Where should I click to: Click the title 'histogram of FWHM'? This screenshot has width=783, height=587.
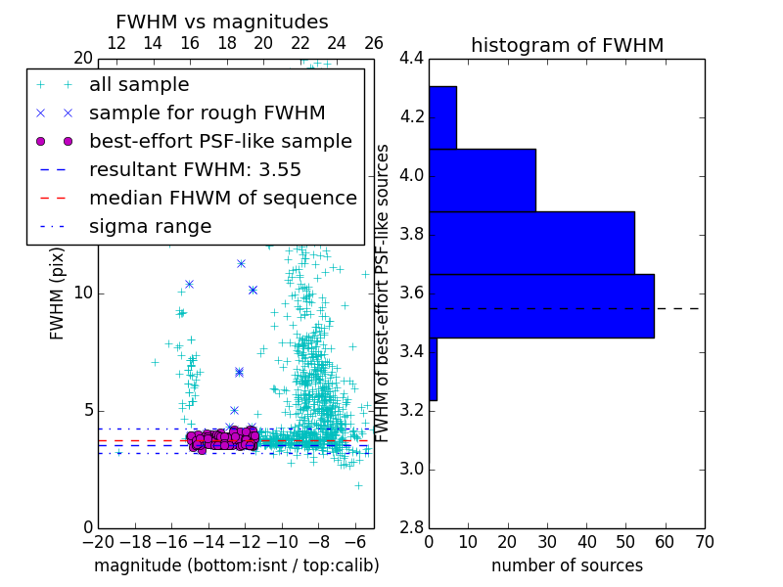(x=567, y=45)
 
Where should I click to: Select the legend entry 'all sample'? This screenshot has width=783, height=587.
(x=139, y=85)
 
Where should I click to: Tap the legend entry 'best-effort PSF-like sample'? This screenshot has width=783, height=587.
(x=220, y=141)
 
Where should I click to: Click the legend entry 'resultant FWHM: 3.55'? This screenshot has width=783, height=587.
(x=195, y=169)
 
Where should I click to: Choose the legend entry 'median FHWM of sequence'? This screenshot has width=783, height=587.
(x=222, y=198)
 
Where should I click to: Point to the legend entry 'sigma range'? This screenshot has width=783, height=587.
(x=150, y=226)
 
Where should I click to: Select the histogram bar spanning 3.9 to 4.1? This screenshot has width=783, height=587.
(x=482, y=180)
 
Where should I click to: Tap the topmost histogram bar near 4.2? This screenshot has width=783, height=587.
(x=442, y=117)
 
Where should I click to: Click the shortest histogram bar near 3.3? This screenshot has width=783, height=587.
(x=433, y=369)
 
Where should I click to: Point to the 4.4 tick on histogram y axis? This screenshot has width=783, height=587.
(x=411, y=59)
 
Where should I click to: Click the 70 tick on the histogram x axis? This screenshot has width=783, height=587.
(x=703, y=542)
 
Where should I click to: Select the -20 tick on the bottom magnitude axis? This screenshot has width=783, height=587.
(x=98, y=542)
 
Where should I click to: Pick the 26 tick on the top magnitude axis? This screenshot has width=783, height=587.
(x=373, y=43)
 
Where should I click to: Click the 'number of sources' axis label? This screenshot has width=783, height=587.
(x=567, y=565)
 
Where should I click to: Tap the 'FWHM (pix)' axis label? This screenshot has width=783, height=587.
(x=58, y=293)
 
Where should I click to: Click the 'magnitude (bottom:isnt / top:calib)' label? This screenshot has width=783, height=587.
(x=236, y=565)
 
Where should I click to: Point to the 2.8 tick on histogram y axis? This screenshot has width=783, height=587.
(x=411, y=527)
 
